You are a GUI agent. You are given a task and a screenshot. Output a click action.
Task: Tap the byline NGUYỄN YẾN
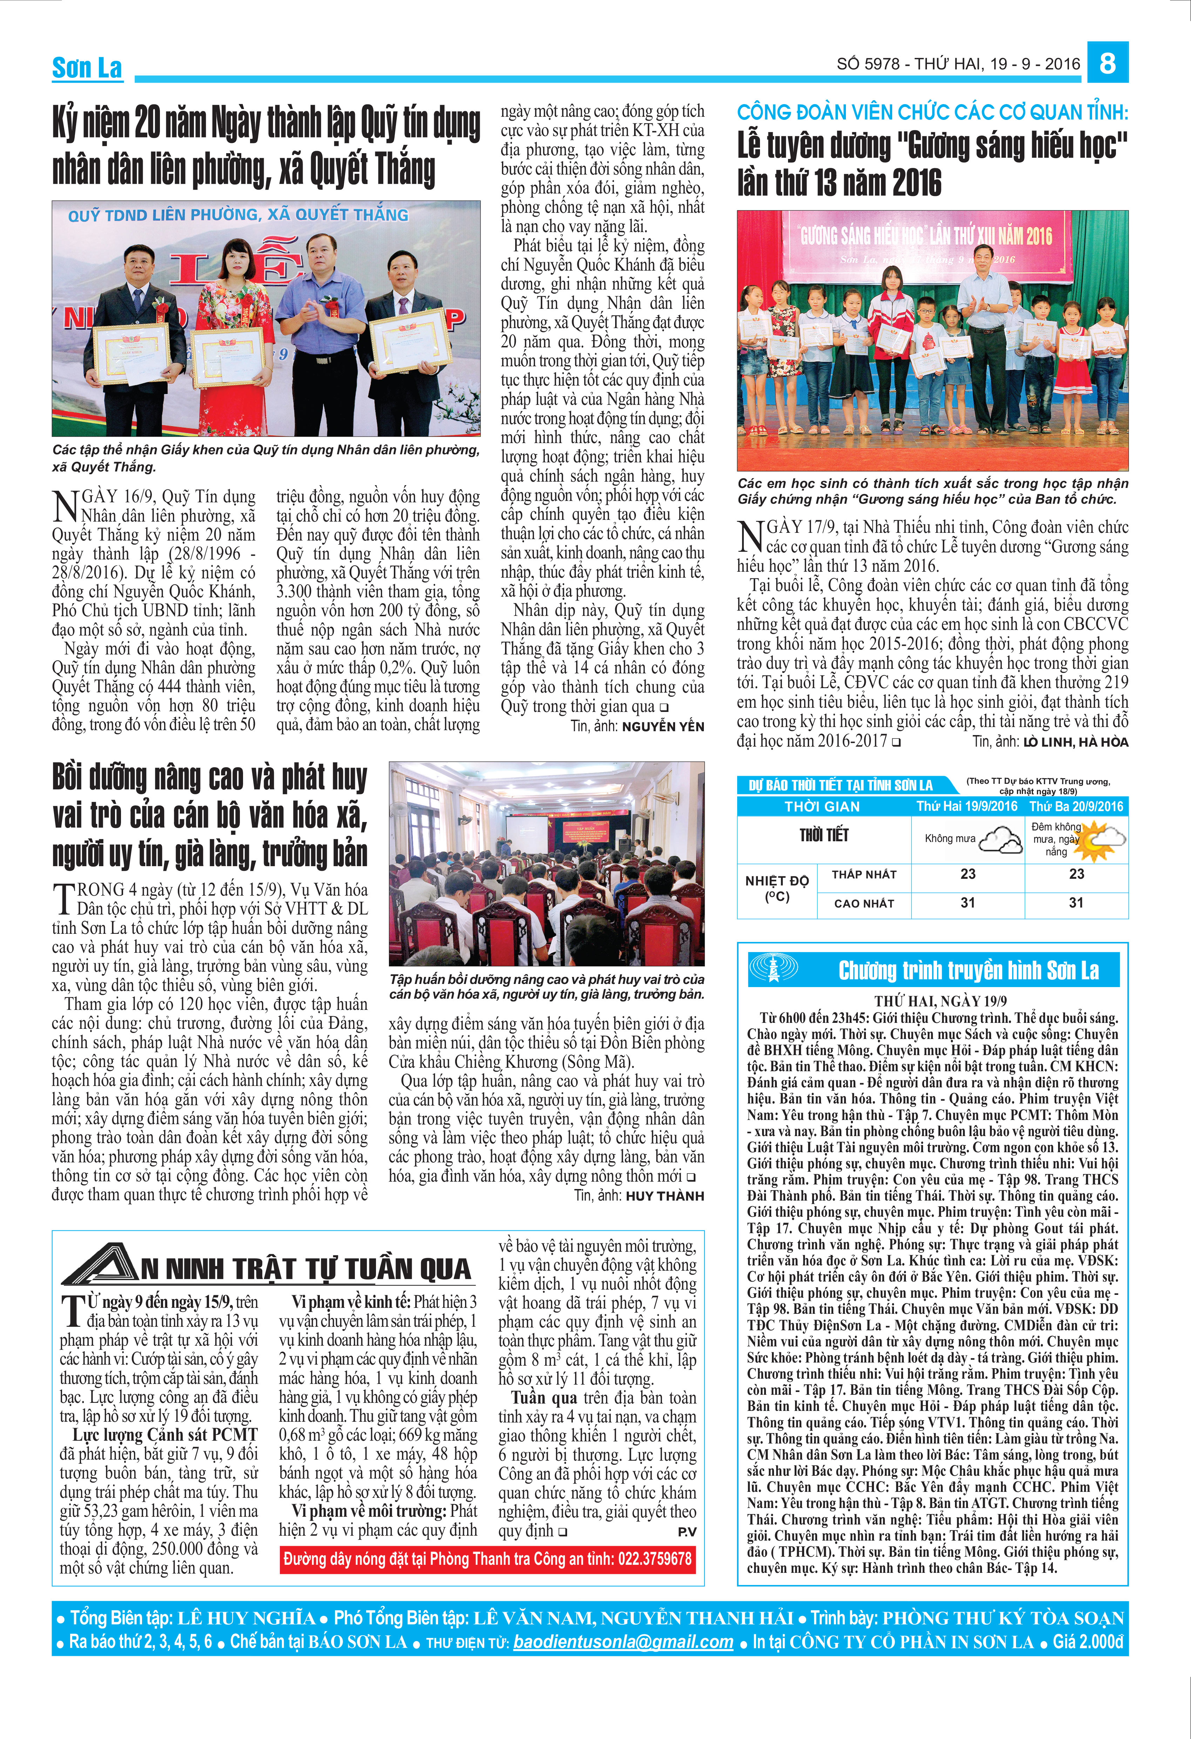coord(662,727)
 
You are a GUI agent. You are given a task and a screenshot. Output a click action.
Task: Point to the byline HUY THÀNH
coord(665,1196)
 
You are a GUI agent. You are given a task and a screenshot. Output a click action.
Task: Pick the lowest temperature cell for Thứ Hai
coord(968,874)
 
